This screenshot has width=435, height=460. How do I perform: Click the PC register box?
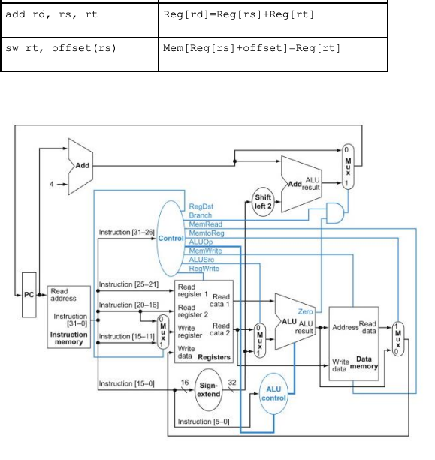[x=29, y=294]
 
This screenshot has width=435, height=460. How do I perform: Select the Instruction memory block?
[x=69, y=316]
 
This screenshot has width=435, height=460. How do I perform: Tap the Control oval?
[x=170, y=238]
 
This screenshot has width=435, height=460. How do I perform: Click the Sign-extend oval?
[x=208, y=390]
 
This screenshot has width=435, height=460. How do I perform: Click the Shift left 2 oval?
[x=262, y=203]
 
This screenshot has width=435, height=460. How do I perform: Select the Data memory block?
[x=354, y=341]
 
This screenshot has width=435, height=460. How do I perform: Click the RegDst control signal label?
[x=201, y=206]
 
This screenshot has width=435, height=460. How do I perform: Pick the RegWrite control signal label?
[x=204, y=268]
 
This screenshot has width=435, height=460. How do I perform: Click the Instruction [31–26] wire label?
[x=125, y=233]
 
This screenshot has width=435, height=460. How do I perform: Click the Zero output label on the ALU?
[x=305, y=311]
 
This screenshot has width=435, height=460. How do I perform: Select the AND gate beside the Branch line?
[x=331, y=215]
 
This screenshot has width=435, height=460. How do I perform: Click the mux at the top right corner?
[x=347, y=165]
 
